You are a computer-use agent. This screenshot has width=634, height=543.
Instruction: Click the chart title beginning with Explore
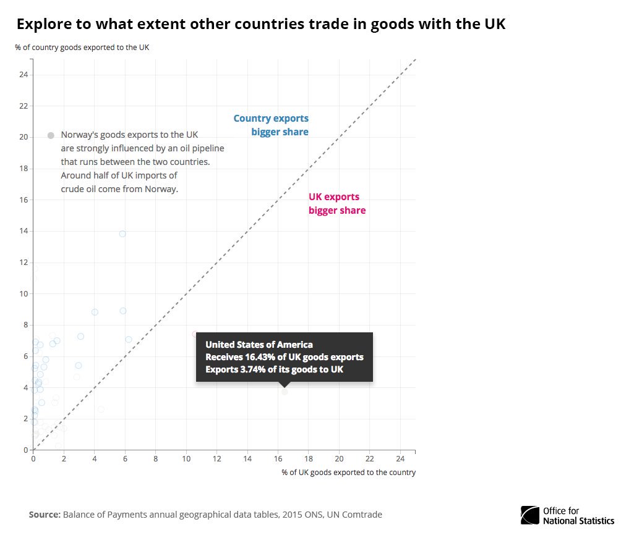coord(260,24)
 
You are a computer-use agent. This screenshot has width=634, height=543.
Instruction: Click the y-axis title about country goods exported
coord(82,48)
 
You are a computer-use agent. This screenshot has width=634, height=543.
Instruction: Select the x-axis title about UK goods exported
coord(348,473)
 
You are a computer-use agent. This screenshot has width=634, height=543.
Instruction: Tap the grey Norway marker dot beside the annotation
coord(51,135)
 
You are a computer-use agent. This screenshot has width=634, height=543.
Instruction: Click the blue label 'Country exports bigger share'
coord(271,125)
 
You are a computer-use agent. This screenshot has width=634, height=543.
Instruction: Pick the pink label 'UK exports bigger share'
coord(336,204)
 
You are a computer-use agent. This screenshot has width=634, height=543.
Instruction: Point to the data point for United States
coord(285,392)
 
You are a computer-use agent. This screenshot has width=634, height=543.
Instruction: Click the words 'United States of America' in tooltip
coord(259,345)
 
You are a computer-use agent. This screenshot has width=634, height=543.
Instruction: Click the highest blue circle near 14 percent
coord(122,234)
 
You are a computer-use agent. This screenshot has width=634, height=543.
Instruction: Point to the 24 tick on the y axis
coord(24,75)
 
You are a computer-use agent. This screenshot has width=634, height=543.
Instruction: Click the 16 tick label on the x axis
coord(278,459)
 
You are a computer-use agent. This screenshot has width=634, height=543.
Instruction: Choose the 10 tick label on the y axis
coord(24,294)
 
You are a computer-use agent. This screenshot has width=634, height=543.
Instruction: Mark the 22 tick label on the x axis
coord(369,459)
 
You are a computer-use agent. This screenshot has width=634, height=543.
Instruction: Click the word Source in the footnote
coord(45,515)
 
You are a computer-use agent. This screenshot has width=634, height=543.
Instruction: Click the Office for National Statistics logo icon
coord(529,515)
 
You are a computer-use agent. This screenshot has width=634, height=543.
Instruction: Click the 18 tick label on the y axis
coord(24,169)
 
